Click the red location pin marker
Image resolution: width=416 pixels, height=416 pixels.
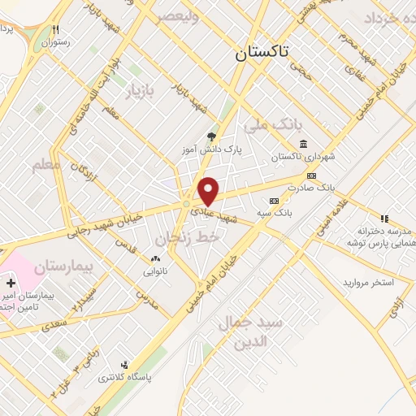pyautogui.click(x=209, y=191)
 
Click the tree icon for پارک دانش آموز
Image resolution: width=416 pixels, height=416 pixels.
pyautogui.click(x=213, y=136)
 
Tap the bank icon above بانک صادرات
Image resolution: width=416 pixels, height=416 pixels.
pyautogui.click(x=311, y=175)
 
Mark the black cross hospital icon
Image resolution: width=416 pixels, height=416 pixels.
pyautogui.click(x=11, y=284)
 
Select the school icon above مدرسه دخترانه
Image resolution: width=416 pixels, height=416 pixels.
pyautogui.click(x=385, y=218)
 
